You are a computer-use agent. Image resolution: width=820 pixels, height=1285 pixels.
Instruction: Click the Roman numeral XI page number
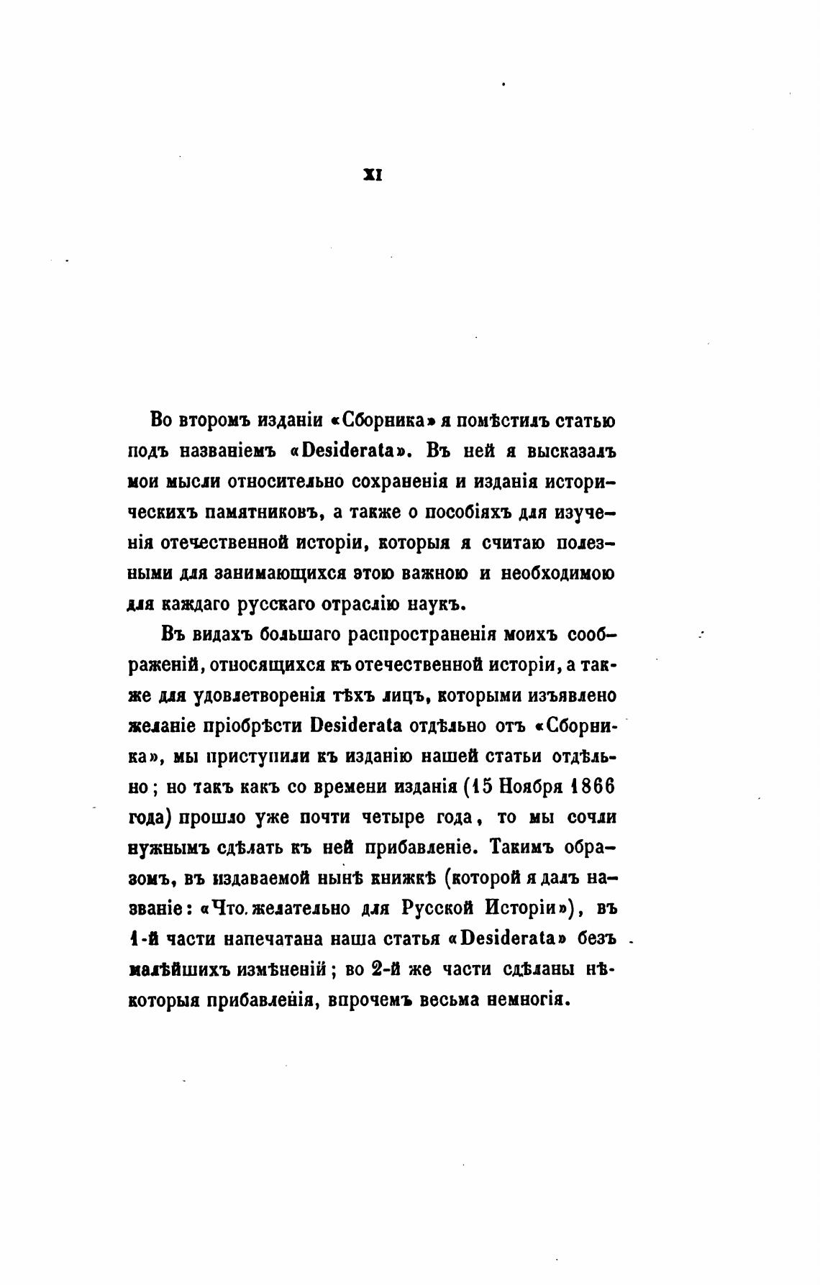[373, 173]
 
